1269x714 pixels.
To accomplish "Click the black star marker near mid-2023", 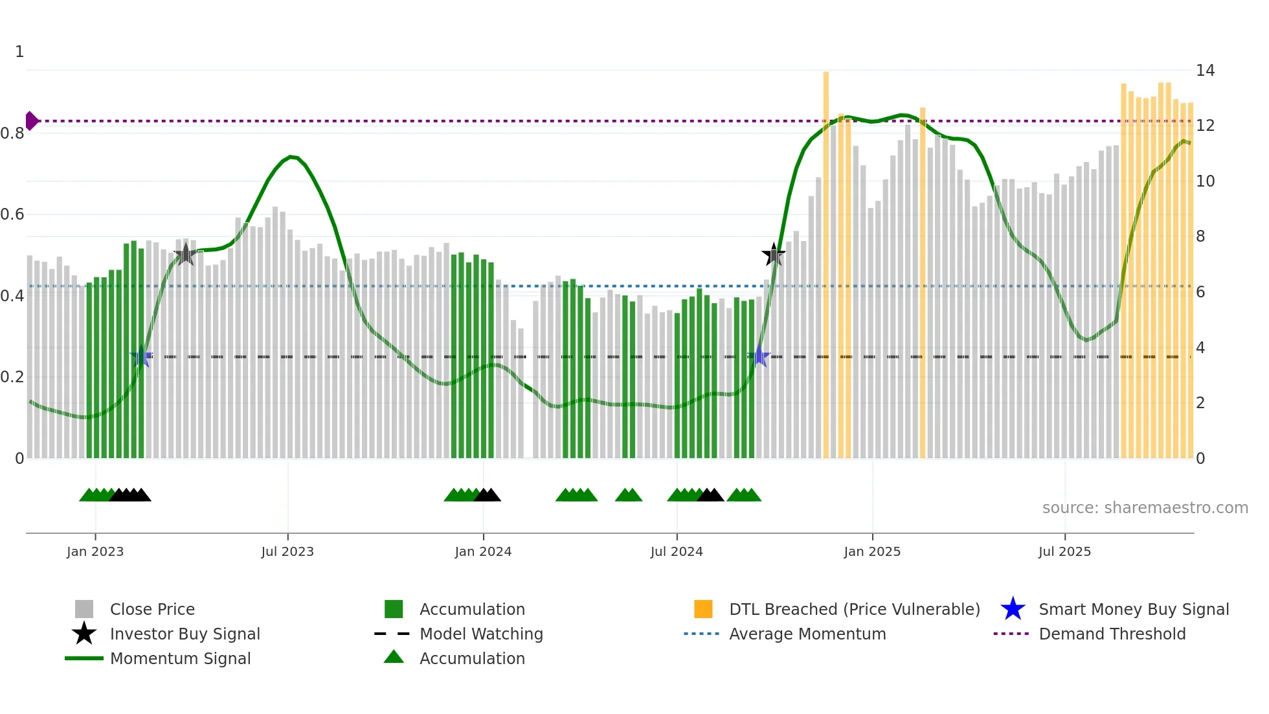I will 185,255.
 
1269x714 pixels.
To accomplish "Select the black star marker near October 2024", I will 773,255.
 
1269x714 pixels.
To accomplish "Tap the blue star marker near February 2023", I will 141,357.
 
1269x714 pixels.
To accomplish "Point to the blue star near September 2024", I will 759,357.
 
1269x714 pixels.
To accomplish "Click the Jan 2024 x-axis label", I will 483,551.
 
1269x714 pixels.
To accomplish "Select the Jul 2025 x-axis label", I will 1064,551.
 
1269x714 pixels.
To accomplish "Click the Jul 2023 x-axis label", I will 287,551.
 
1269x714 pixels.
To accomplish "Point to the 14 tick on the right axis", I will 1205,71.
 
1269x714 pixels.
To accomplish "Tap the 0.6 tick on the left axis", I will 13,214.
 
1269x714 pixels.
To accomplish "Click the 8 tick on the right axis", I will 1200,236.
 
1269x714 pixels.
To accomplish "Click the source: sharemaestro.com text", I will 1145,508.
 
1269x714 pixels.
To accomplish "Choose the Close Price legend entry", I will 152,609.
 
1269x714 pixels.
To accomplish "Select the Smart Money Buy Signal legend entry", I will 1133,609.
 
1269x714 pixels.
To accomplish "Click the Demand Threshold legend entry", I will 1112,634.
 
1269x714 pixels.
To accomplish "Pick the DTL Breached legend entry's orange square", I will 703,609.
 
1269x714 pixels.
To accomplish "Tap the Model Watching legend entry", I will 480,634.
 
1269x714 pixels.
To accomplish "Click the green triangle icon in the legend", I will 394,657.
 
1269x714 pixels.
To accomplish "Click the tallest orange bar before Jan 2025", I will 826,259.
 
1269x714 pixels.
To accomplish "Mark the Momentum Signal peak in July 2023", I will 292,156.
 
